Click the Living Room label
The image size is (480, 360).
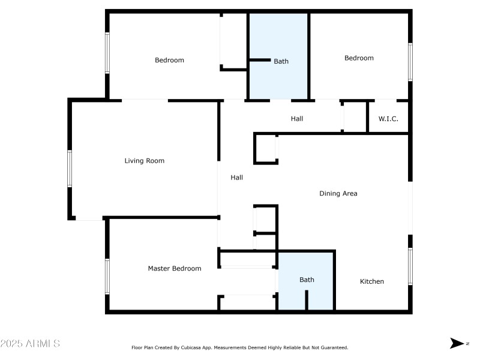coord(144,161)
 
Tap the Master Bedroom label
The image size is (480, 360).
coord(174,269)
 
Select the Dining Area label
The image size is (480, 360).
coord(338,194)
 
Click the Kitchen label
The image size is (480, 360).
coord(371,281)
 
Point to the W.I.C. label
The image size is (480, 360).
coord(388,119)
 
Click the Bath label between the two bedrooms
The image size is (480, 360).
coord(281,61)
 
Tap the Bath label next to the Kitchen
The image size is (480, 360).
coord(307,280)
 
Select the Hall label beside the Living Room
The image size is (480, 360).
coord(236,178)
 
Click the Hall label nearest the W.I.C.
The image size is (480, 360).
coord(296,119)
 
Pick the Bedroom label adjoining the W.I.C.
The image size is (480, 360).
coord(359,58)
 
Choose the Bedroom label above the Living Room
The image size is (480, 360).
coord(169,60)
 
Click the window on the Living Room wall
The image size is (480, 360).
coord(70,169)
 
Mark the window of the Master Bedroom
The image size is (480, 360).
coord(107,276)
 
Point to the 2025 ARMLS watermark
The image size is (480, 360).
coord(30,344)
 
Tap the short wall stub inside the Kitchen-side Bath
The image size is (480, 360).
coord(307,300)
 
